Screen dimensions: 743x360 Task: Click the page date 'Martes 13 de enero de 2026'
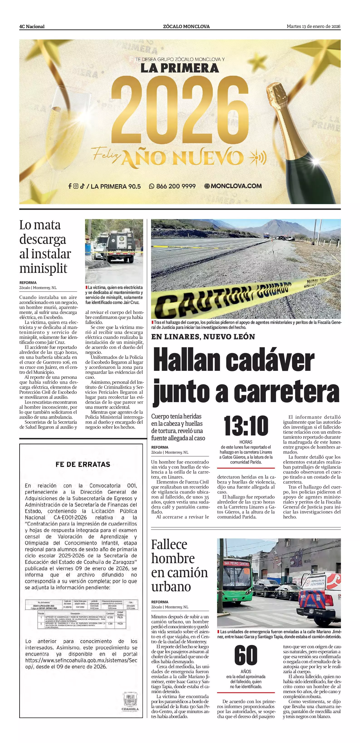tap(313, 27)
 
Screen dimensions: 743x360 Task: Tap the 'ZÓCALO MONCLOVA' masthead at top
tap(186, 27)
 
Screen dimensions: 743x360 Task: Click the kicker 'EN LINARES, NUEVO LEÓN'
tap(203, 337)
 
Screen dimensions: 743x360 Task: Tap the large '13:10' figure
tap(246, 426)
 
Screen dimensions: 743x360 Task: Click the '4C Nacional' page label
tap(32, 27)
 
